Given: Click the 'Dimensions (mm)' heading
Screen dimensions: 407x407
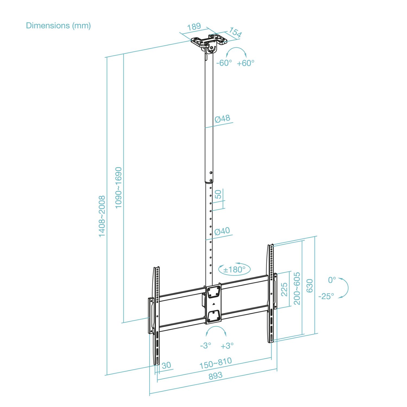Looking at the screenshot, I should (x=58, y=26).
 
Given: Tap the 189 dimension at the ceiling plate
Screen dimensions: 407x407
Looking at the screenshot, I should (x=194, y=27).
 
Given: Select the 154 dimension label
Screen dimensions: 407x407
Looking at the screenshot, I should (x=235, y=32).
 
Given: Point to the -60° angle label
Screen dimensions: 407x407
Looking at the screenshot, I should (x=224, y=63).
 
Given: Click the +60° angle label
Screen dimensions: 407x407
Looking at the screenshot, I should (x=246, y=63).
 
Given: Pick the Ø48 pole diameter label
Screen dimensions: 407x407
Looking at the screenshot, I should (x=222, y=119).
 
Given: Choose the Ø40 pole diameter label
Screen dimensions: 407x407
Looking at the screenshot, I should (x=222, y=231).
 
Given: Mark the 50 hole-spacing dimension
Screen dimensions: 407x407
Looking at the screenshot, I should (x=218, y=194).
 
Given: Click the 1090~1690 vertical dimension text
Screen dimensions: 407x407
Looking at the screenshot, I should (x=119, y=188).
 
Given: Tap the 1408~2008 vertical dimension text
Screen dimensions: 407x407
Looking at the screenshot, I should (x=102, y=216).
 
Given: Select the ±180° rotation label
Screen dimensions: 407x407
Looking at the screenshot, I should (x=234, y=270).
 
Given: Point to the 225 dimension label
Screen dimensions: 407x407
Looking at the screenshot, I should (x=284, y=290).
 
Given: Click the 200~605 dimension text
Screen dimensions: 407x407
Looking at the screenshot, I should (x=297, y=288).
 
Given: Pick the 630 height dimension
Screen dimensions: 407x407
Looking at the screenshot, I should (x=310, y=286).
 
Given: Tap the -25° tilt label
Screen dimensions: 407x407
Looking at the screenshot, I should (x=326, y=296).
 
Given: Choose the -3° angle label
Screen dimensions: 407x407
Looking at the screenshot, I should (x=205, y=346).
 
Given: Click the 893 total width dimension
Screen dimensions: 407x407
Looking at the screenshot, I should (x=215, y=376).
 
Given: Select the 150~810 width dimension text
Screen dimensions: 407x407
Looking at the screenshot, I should (x=216, y=363).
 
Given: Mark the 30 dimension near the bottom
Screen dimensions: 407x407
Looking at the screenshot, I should (x=166, y=365).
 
